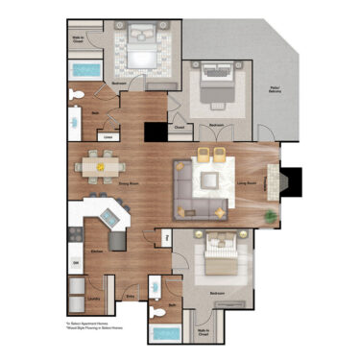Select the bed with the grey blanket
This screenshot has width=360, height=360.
tap(219, 91)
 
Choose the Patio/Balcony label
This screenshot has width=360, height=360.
tap(275, 90)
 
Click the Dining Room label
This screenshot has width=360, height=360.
tap(101, 183)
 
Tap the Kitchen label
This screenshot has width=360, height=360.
tap(96, 252)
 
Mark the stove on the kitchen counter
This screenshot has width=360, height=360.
tap(74, 234)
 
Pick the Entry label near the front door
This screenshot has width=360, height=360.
tap(130, 299)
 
